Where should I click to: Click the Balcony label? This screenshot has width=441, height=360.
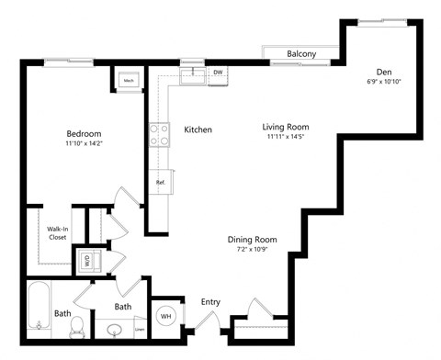tap(301, 54)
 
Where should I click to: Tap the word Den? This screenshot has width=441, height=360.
tap(384, 72)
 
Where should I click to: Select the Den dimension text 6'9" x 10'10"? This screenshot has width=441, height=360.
tap(383, 82)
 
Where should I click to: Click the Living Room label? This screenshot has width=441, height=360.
tap(285, 127)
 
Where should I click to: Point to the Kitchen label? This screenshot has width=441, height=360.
tap(198, 129)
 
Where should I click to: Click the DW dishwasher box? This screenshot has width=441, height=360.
tap(218, 73)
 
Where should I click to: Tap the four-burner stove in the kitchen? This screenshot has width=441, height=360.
tap(159, 135)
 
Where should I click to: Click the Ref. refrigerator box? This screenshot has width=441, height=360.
tap(160, 182)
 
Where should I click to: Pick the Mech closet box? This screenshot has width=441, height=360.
tap(127, 80)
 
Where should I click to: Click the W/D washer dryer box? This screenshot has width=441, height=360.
tap(87, 260)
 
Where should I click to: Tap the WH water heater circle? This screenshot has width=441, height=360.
tap(166, 317)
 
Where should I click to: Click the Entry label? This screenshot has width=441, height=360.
tap(210, 301)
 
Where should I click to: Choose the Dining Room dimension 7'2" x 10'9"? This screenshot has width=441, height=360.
tap(253, 250)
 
